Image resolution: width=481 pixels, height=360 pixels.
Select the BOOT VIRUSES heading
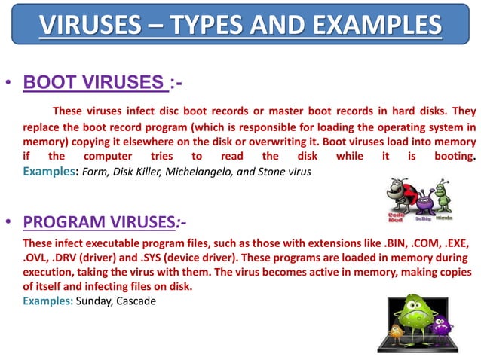pyautogui.click(x=95, y=81)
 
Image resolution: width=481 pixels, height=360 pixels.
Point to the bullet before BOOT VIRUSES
pyautogui.click(x=10, y=82)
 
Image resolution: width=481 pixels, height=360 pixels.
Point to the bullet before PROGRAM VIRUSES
pyautogui.click(x=10, y=222)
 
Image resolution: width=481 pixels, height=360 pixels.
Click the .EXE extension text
pyautogui.click(x=456, y=243)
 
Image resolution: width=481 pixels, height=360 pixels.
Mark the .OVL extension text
pyautogui.click(x=38, y=257)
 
